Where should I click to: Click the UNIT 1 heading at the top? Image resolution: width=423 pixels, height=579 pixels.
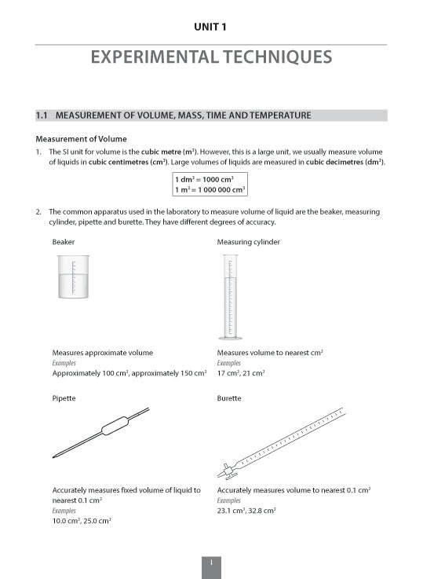tap(211, 27)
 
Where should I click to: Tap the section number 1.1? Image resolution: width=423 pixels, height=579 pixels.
tap(42, 115)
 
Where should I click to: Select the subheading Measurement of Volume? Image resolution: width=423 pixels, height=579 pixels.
tap(81, 138)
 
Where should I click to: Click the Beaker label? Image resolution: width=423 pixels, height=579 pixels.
tap(64, 242)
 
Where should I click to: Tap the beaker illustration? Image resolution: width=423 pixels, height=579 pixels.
tap(75, 278)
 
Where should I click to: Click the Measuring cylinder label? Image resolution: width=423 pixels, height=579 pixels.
tap(248, 242)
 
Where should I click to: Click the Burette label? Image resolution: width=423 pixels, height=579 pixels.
tap(229, 398)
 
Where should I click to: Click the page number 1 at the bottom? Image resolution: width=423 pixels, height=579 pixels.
tap(211, 563)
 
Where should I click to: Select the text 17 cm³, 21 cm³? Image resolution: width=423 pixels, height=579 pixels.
tap(240, 373)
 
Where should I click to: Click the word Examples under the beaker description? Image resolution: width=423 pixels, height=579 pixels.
tap(63, 363)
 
